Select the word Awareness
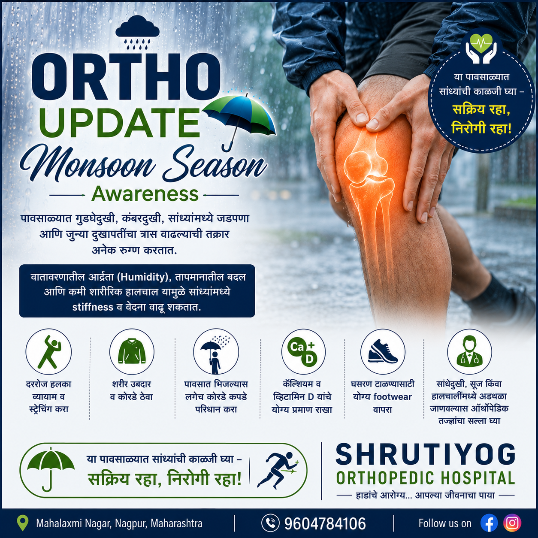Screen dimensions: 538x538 [x=145, y=194]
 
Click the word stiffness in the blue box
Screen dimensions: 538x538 [x=93, y=307]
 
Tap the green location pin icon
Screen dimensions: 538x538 [x=23, y=523]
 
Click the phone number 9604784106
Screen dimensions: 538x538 [x=325, y=523]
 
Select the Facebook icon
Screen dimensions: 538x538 [x=489, y=523]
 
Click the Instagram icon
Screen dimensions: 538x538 [x=512, y=523]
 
